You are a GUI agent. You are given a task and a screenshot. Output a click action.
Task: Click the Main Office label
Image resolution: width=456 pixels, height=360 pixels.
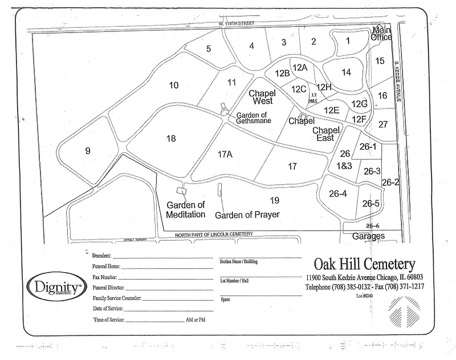381,34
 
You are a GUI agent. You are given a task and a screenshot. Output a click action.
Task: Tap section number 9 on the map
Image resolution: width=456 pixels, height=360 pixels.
88,151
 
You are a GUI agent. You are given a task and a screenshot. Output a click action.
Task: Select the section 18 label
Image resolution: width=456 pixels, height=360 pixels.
171,138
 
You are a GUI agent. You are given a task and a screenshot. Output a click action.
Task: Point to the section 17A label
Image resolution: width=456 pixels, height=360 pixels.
225,154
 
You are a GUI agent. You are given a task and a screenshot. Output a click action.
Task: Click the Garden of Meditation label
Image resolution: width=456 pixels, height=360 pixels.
186,210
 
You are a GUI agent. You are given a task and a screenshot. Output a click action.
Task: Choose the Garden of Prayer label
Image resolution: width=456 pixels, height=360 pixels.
247,215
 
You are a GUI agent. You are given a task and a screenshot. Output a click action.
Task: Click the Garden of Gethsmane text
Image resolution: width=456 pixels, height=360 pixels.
254,117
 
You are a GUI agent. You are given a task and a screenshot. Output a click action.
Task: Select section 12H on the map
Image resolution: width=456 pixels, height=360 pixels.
324,87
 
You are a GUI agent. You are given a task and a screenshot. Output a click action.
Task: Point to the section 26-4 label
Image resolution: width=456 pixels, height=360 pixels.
338,193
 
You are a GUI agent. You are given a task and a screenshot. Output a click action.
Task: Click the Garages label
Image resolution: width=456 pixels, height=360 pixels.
368,236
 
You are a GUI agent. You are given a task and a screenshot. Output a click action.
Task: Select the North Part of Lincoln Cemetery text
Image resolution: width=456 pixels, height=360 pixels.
213,235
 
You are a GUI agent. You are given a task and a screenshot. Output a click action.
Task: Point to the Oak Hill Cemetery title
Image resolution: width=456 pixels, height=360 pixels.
364,264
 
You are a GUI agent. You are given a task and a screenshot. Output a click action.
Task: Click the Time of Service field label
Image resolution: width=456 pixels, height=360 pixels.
109,320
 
